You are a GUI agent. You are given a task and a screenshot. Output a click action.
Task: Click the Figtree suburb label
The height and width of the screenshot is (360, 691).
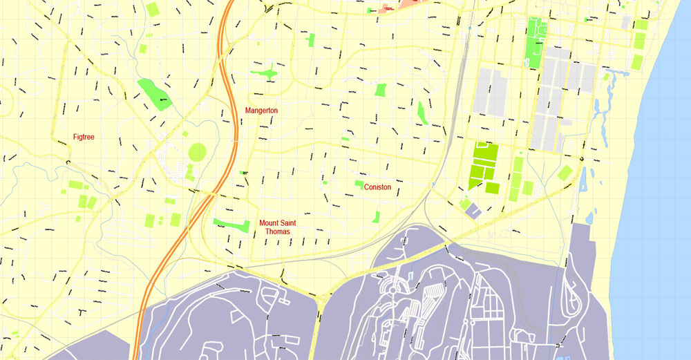(x=84, y=137)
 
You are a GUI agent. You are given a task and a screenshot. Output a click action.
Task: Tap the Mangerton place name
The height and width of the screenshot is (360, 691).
(x=261, y=111)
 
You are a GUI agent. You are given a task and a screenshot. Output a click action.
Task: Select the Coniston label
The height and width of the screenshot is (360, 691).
(x=377, y=187)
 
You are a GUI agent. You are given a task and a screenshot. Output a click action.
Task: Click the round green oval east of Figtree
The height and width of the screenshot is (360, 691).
(x=198, y=151)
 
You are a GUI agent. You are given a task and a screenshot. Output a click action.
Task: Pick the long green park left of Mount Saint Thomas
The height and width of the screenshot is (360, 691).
(x=231, y=225)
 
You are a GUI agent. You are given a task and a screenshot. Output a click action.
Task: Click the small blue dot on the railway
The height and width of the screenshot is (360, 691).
(x=468, y=28)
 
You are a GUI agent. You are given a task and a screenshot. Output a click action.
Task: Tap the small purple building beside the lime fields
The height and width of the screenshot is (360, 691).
(x=472, y=209)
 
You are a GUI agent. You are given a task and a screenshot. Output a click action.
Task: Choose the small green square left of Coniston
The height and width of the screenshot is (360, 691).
(x=359, y=184)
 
